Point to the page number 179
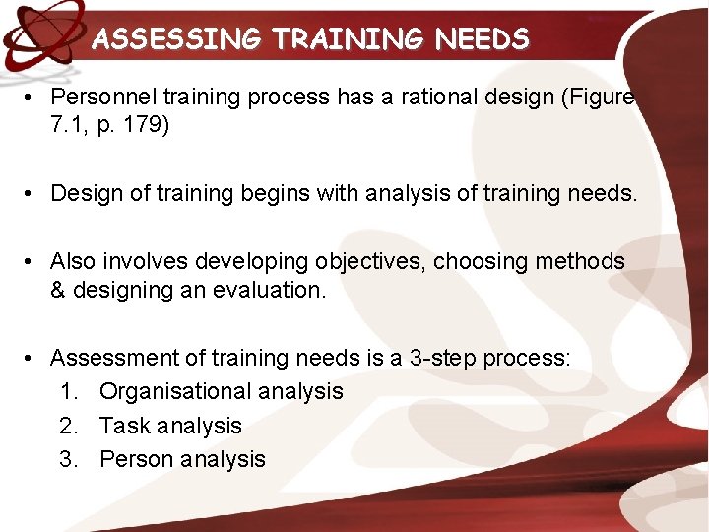tap(149, 127)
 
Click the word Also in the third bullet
tap(73, 261)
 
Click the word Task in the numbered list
tap(120, 426)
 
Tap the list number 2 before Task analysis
tap(67, 426)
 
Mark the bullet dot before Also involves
tap(32, 261)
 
